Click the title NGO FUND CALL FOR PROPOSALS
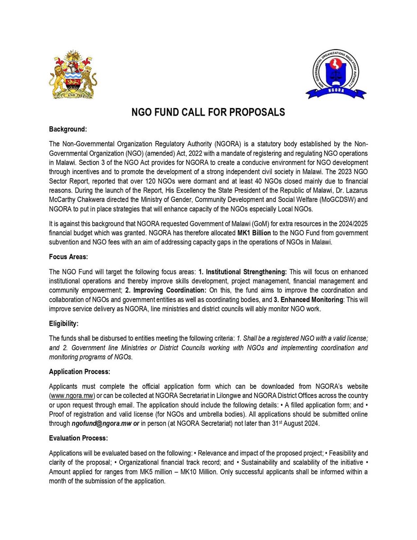[x=208, y=112]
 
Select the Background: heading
[x=67, y=130]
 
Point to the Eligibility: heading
[x=64, y=324]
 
